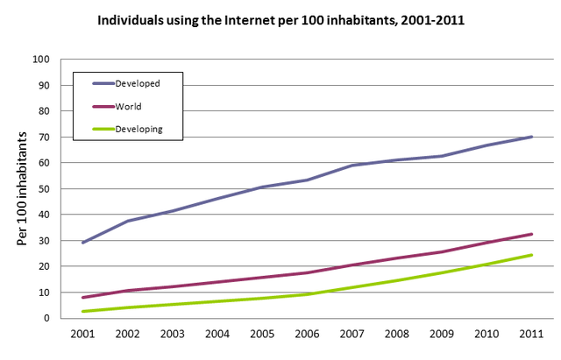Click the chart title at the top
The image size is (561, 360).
pyautogui.click(x=281, y=18)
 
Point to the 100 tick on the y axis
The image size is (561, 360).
pyautogui.click(x=40, y=60)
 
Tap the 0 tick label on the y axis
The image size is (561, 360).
pyautogui.click(x=46, y=318)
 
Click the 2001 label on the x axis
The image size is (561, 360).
pyautogui.click(x=83, y=333)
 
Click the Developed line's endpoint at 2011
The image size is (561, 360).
pyautogui.click(x=532, y=137)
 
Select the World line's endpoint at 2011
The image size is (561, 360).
pyautogui.click(x=532, y=234)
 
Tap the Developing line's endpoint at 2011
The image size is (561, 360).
pyautogui.click(x=532, y=255)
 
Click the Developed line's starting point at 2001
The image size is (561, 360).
pyautogui.click(x=83, y=243)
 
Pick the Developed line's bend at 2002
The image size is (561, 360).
pyautogui.click(x=128, y=221)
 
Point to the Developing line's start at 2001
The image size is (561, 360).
pyautogui.click(x=83, y=311)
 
